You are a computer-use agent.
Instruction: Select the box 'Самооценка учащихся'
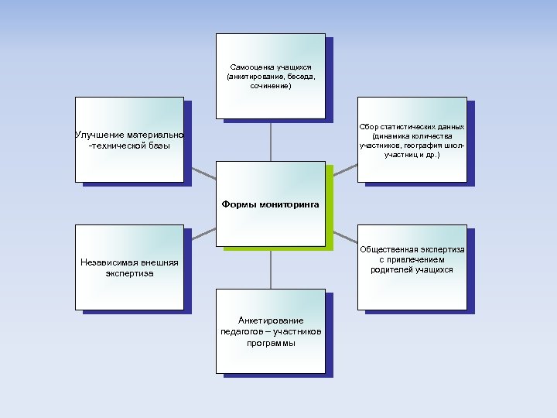coord(270,75)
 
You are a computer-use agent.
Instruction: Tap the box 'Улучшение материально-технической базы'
coord(129,139)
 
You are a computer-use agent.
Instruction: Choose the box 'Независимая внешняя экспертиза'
coord(129,267)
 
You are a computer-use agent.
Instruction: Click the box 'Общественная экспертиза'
coord(412,267)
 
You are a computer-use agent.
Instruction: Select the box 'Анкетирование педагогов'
coord(270,331)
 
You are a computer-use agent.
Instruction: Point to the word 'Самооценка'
coord(249,67)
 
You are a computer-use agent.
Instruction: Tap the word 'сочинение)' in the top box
coord(271,86)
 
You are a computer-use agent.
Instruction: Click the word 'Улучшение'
coord(99,135)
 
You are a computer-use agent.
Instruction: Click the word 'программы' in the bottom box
coord(271,343)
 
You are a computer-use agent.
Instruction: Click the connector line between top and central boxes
coord(271,139)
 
